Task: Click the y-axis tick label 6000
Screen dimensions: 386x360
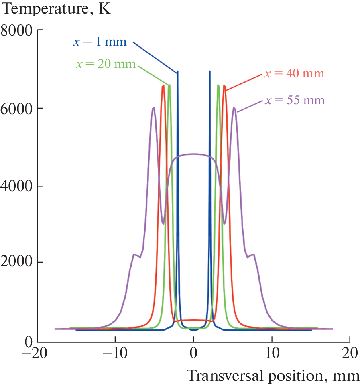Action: (17, 108)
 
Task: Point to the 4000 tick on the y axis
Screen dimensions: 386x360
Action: (17, 186)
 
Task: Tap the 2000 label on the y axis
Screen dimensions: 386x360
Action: (17, 263)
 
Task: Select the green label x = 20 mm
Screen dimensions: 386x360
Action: (105, 64)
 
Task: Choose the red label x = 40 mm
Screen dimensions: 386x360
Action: (293, 74)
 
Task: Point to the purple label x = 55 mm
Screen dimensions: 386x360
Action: (294, 100)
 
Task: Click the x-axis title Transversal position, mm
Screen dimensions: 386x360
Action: (273, 376)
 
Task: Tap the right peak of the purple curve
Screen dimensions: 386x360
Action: (234, 108)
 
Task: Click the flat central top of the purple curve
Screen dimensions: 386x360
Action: (193, 154)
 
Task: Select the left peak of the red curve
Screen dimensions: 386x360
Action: (163, 85)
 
